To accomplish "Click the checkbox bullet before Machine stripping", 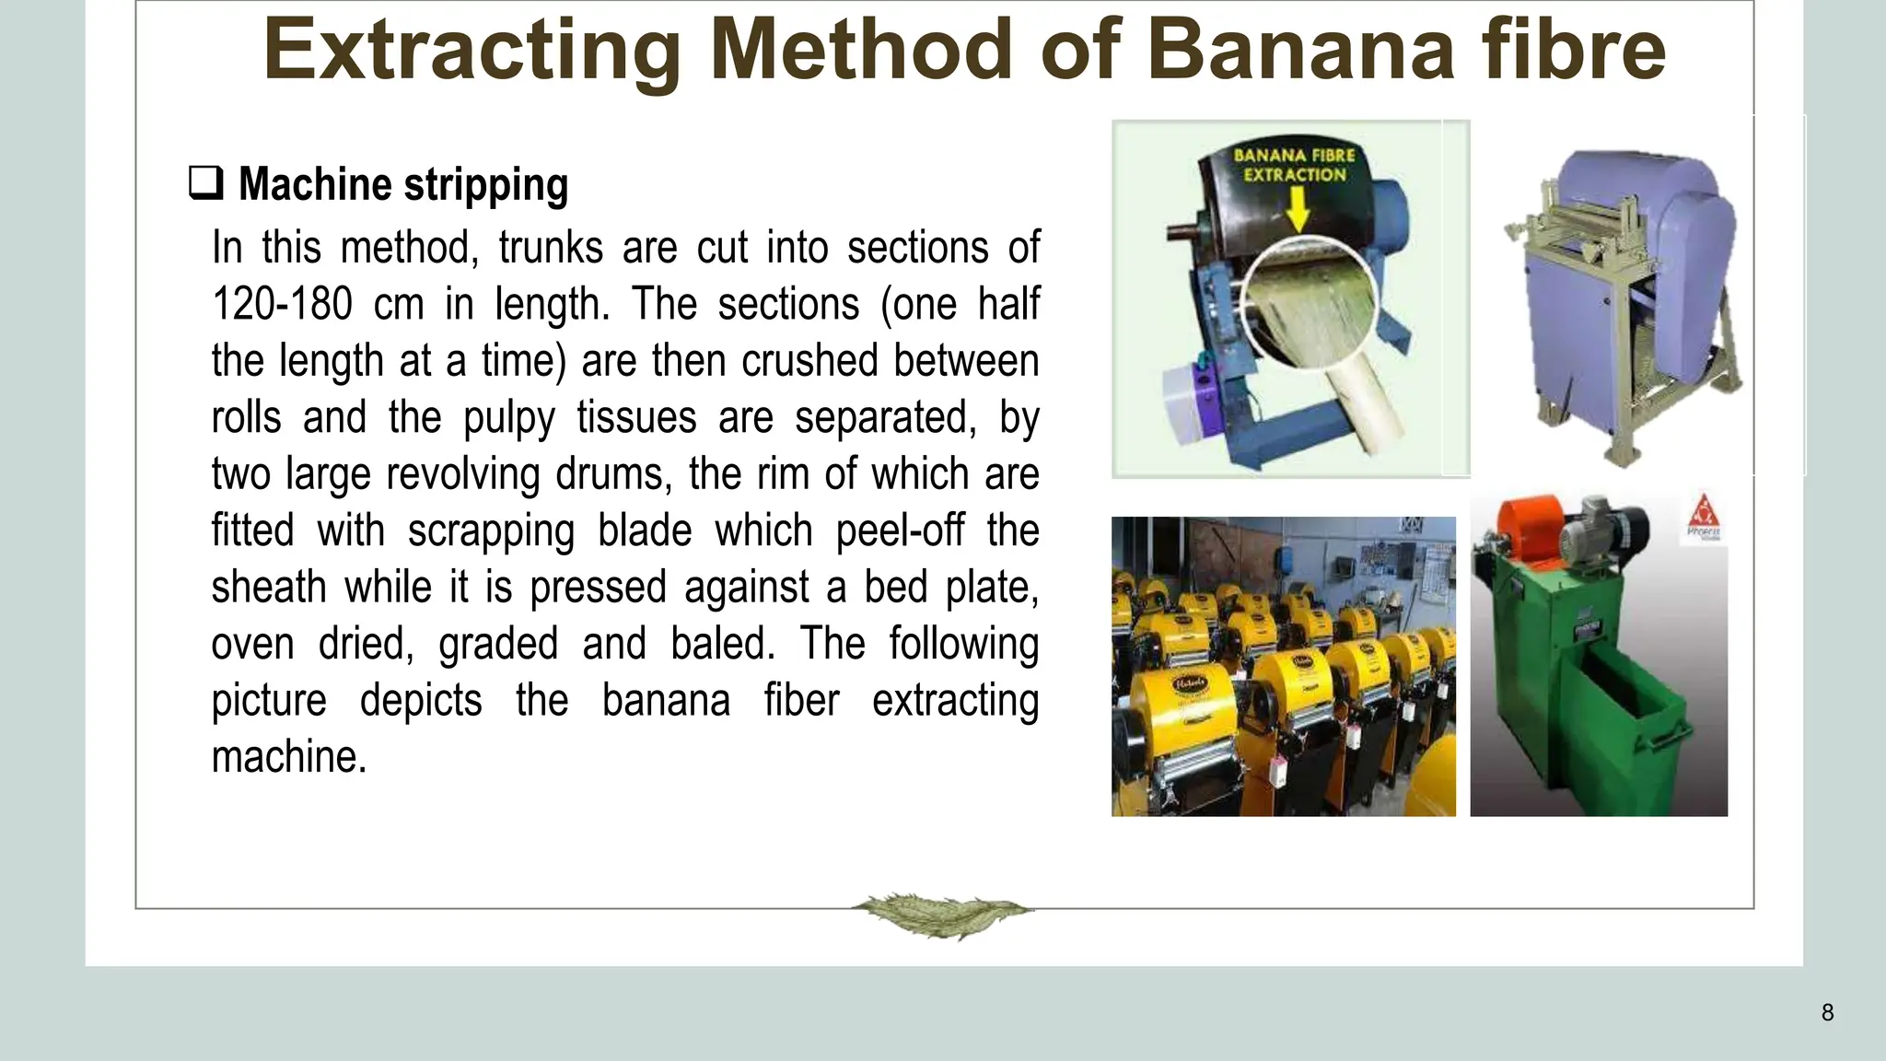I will point(205,182).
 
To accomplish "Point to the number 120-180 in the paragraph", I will point(282,304).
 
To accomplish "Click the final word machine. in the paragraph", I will point(289,757).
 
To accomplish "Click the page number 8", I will point(1827,1013).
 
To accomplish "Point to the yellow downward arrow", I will point(1297,211).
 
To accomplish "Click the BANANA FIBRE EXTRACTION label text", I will point(1294,165).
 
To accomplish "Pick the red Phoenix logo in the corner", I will point(1704,516).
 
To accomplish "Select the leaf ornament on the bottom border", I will point(941,914).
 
